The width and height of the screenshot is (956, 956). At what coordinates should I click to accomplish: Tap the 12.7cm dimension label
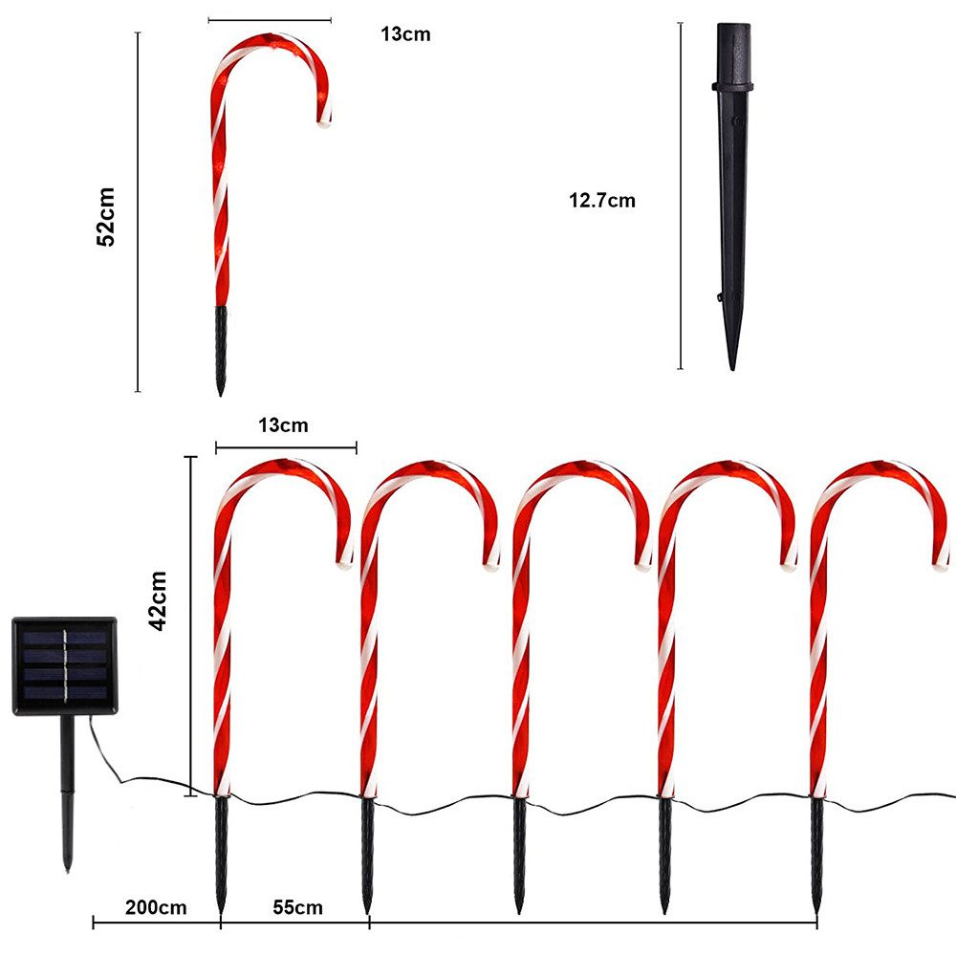pos(601,201)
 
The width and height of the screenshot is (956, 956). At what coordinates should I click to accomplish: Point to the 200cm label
pos(156,907)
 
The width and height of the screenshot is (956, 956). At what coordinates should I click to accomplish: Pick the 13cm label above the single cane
pos(405,35)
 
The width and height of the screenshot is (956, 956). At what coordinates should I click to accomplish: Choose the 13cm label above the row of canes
pos(284,425)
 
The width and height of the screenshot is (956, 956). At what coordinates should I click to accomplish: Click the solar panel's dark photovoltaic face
pos(64,664)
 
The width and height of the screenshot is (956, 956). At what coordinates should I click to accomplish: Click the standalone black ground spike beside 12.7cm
pos(733,191)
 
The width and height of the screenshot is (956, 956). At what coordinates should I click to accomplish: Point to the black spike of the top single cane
pos(221,349)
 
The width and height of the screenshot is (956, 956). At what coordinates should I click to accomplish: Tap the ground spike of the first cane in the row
pos(221,851)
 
